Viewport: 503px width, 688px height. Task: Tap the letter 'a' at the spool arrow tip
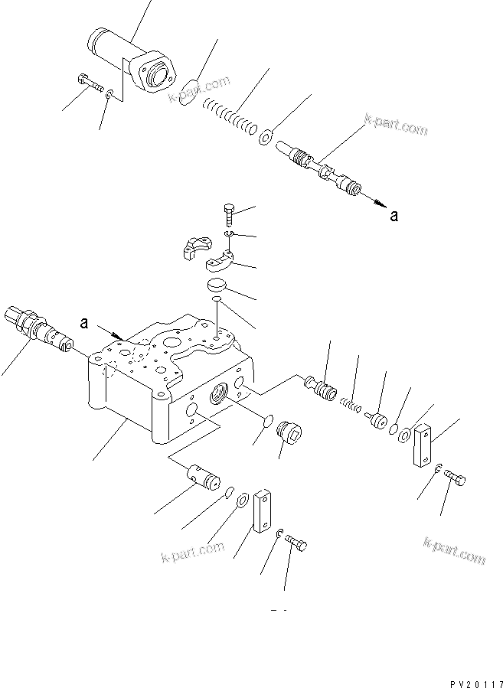click(x=394, y=216)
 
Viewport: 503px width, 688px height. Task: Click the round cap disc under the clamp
click(x=218, y=285)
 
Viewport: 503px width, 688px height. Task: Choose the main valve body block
click(x=168, y=383)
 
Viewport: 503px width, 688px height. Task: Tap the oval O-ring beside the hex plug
click(x=265, y=423)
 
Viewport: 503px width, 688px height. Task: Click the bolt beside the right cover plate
click(x=455, y=480)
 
